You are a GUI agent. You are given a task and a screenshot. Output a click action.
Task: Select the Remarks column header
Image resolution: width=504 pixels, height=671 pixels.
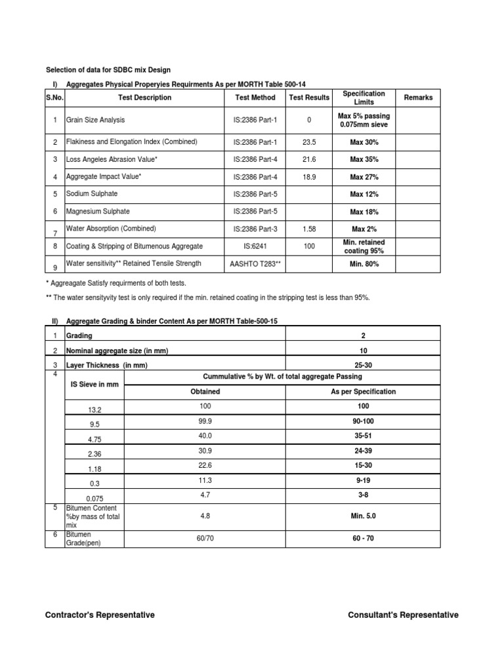click(x=418, y=98)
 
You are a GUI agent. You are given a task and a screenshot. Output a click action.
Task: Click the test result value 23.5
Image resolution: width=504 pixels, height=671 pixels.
click(x=309, y=142)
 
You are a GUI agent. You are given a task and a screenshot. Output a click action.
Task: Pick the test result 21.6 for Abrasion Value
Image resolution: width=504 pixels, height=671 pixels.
click(x=309, y=159)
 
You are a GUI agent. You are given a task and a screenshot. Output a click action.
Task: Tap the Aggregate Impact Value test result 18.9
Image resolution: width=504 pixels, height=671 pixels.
click(x=309, y=177)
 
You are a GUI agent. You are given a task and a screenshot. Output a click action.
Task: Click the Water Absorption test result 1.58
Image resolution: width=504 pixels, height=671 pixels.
click(x=309, y=229)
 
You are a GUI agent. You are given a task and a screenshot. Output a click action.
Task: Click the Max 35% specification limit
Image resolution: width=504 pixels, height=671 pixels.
click(x=364, y=159)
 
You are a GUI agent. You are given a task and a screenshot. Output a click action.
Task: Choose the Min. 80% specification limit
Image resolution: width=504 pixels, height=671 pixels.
click(x=364, y=263)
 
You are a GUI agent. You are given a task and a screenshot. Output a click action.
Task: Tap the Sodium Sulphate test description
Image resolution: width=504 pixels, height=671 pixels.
click(x=92, y=194)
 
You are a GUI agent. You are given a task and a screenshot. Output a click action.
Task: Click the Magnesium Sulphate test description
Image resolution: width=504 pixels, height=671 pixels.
click(x=98, y=211)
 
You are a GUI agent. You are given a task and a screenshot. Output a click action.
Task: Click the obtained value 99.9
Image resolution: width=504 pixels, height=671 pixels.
click(x=205, y=421)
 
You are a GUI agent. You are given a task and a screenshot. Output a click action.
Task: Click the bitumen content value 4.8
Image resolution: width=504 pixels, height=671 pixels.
click(x=205, y=516)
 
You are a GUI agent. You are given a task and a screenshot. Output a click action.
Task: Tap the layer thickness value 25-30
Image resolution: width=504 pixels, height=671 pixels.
click(x=363, y=364)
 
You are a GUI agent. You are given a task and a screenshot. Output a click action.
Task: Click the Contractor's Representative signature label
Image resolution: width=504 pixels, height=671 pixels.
click(x=100, y=615)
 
